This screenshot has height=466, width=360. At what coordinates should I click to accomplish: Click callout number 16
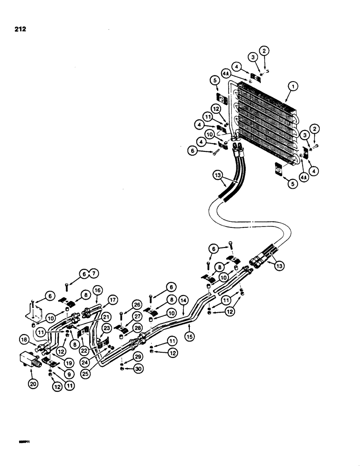[97, 290]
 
